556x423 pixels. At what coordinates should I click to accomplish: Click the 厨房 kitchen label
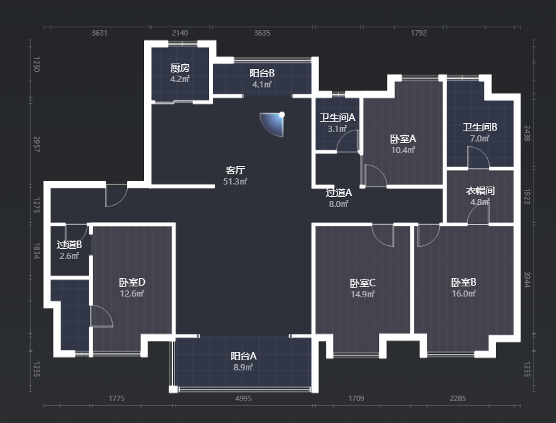point(180,68)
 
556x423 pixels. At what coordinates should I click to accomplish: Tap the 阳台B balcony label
point(262,73)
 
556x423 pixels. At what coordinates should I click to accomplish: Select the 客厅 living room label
point(235,170)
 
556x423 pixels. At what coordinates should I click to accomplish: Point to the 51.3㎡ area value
point(235,182)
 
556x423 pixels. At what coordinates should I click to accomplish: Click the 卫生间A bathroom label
point(337,118)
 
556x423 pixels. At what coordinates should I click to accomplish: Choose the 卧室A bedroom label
point(403,139)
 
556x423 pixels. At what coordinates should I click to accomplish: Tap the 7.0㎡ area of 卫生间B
point(479,139)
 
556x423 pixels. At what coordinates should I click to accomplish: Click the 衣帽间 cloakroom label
point(479,191)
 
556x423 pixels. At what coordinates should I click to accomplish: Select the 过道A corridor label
point(339,193)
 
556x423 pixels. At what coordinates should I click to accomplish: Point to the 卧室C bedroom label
point(363,283)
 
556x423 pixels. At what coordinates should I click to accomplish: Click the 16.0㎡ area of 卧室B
point(464,293)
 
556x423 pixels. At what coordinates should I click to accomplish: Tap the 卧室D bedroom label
point(132,282)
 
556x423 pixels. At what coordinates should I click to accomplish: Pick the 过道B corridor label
point(69,245)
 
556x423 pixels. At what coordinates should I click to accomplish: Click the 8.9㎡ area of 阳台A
point(243,367)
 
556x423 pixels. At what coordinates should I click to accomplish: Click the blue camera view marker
point(273,124)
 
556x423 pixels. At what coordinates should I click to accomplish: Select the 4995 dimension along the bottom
point(243,398)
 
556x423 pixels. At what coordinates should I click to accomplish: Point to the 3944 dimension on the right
point(527,279)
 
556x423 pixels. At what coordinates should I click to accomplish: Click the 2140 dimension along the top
point(180,33)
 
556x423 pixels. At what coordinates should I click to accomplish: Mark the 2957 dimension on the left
point(36,144)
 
